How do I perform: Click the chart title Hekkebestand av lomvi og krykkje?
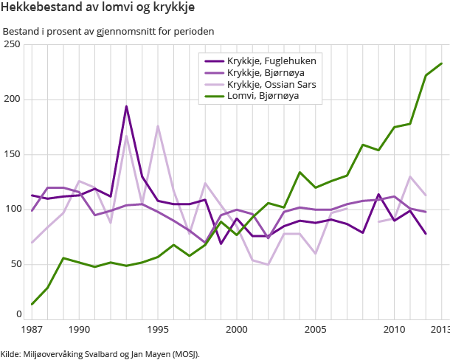click(x=92, y=9)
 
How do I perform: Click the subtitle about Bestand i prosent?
click(x=108, y=32)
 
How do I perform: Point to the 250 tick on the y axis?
click(x=11, y=44)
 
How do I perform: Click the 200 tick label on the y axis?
click(x=11, y=100)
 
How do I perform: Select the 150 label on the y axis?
click(x=11, y=154)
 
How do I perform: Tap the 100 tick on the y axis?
click(x=11, y=210)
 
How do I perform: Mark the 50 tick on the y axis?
click(x=13, y=264)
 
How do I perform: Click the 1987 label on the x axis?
click(x=32, y=329)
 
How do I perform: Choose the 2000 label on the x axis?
click(x=236, y=329)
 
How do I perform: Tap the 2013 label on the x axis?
click(x=440, y=329)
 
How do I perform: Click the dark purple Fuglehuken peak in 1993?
click(x=126, y=106)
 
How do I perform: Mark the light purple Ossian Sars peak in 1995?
click(x=158, y=126)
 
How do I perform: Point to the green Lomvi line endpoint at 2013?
click(x=441, y=63)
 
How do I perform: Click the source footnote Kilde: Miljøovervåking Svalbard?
click(x=100, y=353)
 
